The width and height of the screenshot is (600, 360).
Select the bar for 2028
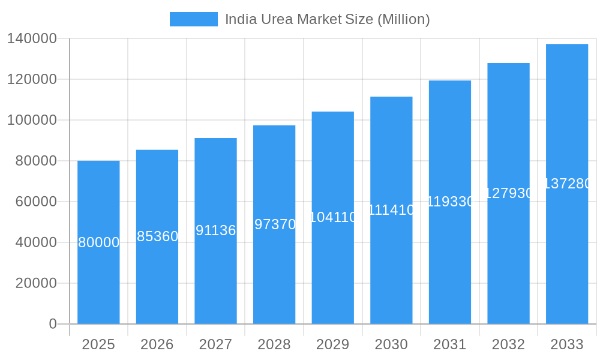pos(274,270)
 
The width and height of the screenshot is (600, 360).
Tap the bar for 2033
pos(567,252)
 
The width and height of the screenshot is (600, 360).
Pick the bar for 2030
pos(391,264)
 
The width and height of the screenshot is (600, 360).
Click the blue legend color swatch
pos(193,19)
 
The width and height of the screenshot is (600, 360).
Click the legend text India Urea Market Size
pos(327,19)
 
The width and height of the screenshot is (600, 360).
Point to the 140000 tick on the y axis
pos(32,38)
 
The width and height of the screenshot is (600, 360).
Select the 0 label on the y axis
pos(53,324)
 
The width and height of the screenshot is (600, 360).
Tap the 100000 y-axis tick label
pos(32,120)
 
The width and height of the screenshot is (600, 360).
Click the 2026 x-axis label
pos(157,344)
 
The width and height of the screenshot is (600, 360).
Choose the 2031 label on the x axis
pos(450,344)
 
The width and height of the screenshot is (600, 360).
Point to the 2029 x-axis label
pos(333,344)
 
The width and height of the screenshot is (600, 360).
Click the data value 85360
pos(157,236)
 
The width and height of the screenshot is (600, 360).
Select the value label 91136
pos(216,230)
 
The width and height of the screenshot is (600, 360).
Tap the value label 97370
pos(275,224)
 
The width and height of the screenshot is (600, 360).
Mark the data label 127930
pos(508,193)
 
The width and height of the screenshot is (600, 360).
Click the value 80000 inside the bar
pos(99,242)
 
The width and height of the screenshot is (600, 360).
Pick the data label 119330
pos(450,202)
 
